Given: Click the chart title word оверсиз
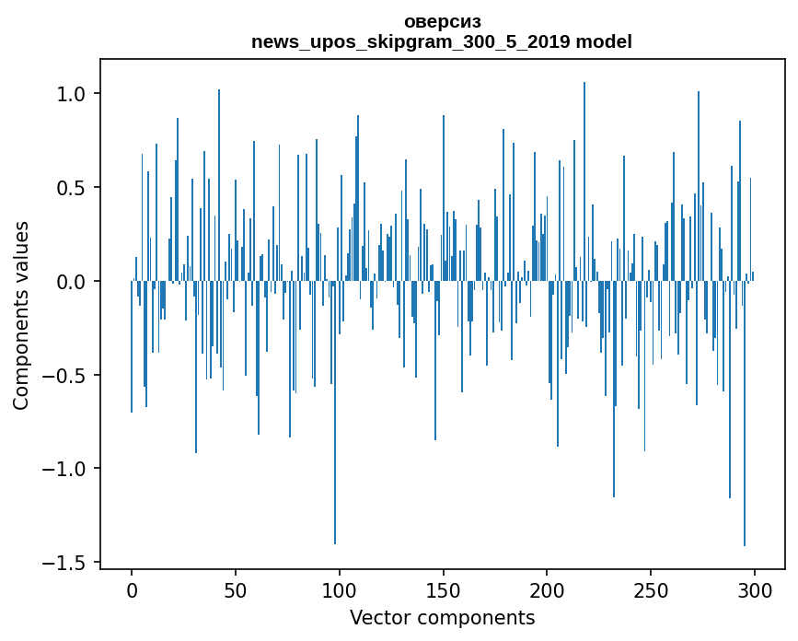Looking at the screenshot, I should (x=442, y=22).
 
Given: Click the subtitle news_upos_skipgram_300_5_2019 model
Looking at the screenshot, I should (x=442, y=42).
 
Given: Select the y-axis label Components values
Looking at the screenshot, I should (x=21, y=315).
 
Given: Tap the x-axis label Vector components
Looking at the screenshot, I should (x=442, y=618).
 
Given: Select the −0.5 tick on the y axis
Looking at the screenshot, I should (x=67, y=376).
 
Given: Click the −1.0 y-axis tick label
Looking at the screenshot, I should (x=67, y=469).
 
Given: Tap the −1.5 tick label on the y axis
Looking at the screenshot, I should (x=67, y=563).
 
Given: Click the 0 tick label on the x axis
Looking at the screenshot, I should (x=132, y=589).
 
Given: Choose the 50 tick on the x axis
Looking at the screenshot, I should (x=236, y=589).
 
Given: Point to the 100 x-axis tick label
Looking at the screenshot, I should (x=340, y=589).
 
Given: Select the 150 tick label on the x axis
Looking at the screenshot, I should (x=444, y=589).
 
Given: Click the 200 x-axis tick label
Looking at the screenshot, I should (x=547, y=589).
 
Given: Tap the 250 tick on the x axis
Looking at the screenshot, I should (x=651, y=589).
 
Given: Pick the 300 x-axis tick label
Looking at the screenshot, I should (x=755, y=589).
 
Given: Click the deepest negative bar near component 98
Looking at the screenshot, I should (x=335, y=414).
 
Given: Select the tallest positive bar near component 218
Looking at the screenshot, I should (x=584, y=184).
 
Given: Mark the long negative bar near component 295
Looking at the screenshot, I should (x=744, y=414).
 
